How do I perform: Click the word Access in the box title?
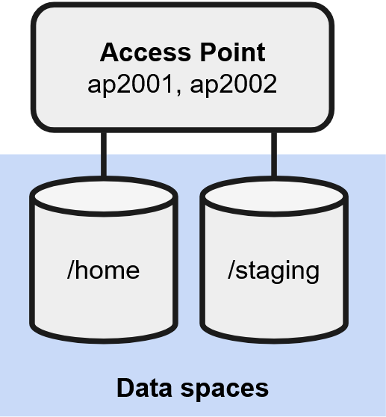click(x=146, y=52)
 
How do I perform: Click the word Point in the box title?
click(x=233, y=52)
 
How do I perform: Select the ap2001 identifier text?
click(x=130, y=84)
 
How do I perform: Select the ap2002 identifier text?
click(x=234, y=84)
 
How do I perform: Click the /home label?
click(x=103, y=270)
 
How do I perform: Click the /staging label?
click(x=273, y=271)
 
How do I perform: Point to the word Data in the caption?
click(x=144, y=388)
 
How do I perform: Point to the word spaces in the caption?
click(x=225, y=390)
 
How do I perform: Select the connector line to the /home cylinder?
click(x=104, y=154)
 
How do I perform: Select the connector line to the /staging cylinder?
click(x=274, y=154)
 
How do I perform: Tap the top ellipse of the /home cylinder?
click(x=104, y=197)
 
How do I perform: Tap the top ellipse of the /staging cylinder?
click(x=274, y=197)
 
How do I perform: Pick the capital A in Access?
click(x=110, y=52)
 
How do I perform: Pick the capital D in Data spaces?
click(x=125, y=388)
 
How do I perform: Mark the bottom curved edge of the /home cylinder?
click(x=104, y=338)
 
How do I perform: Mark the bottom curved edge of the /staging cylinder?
click(x=274, y=338)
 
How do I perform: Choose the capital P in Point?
click(x=208, y=52)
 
